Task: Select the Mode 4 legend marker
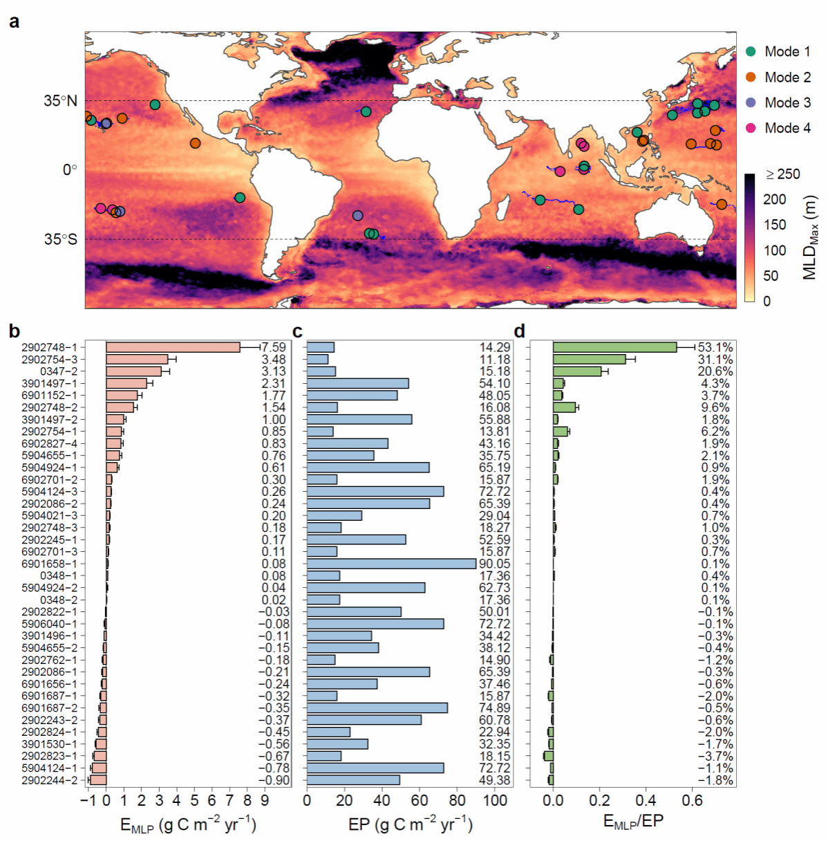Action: (x=751, y=128)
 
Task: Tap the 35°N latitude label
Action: (x=61, y=101)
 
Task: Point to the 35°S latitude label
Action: (x=61, y=239)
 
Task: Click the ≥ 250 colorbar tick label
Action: (x=783, y=174)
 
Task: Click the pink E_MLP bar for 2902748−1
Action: (x=173, y=347)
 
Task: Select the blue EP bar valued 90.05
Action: (x=391, y=564)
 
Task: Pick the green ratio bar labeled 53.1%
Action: (x=614, y=347)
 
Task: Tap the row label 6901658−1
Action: (x=50, y=564)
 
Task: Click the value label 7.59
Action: (x=274, y=347)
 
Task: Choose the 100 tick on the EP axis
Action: (x=495, y=801)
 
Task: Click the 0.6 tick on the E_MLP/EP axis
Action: (x=693, y=801)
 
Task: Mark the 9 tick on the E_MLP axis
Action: (x=265, y=801)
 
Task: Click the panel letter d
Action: (x=519, y=331)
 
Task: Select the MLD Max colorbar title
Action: (x=810, y=237)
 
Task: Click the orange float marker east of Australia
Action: (x=722, y=204)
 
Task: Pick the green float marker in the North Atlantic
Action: (x=366, y=111)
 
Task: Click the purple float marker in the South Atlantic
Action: (x=357, y=216)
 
